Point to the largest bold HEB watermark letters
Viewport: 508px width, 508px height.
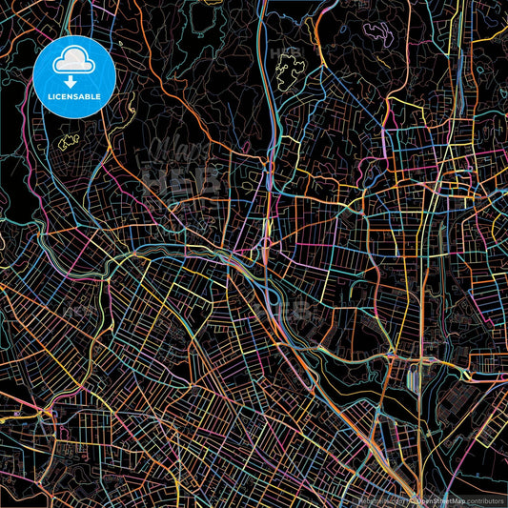pyautogui.click(x=181, y=181)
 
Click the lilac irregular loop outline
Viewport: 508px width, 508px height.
pyautogui.click(x=379, y=36)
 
